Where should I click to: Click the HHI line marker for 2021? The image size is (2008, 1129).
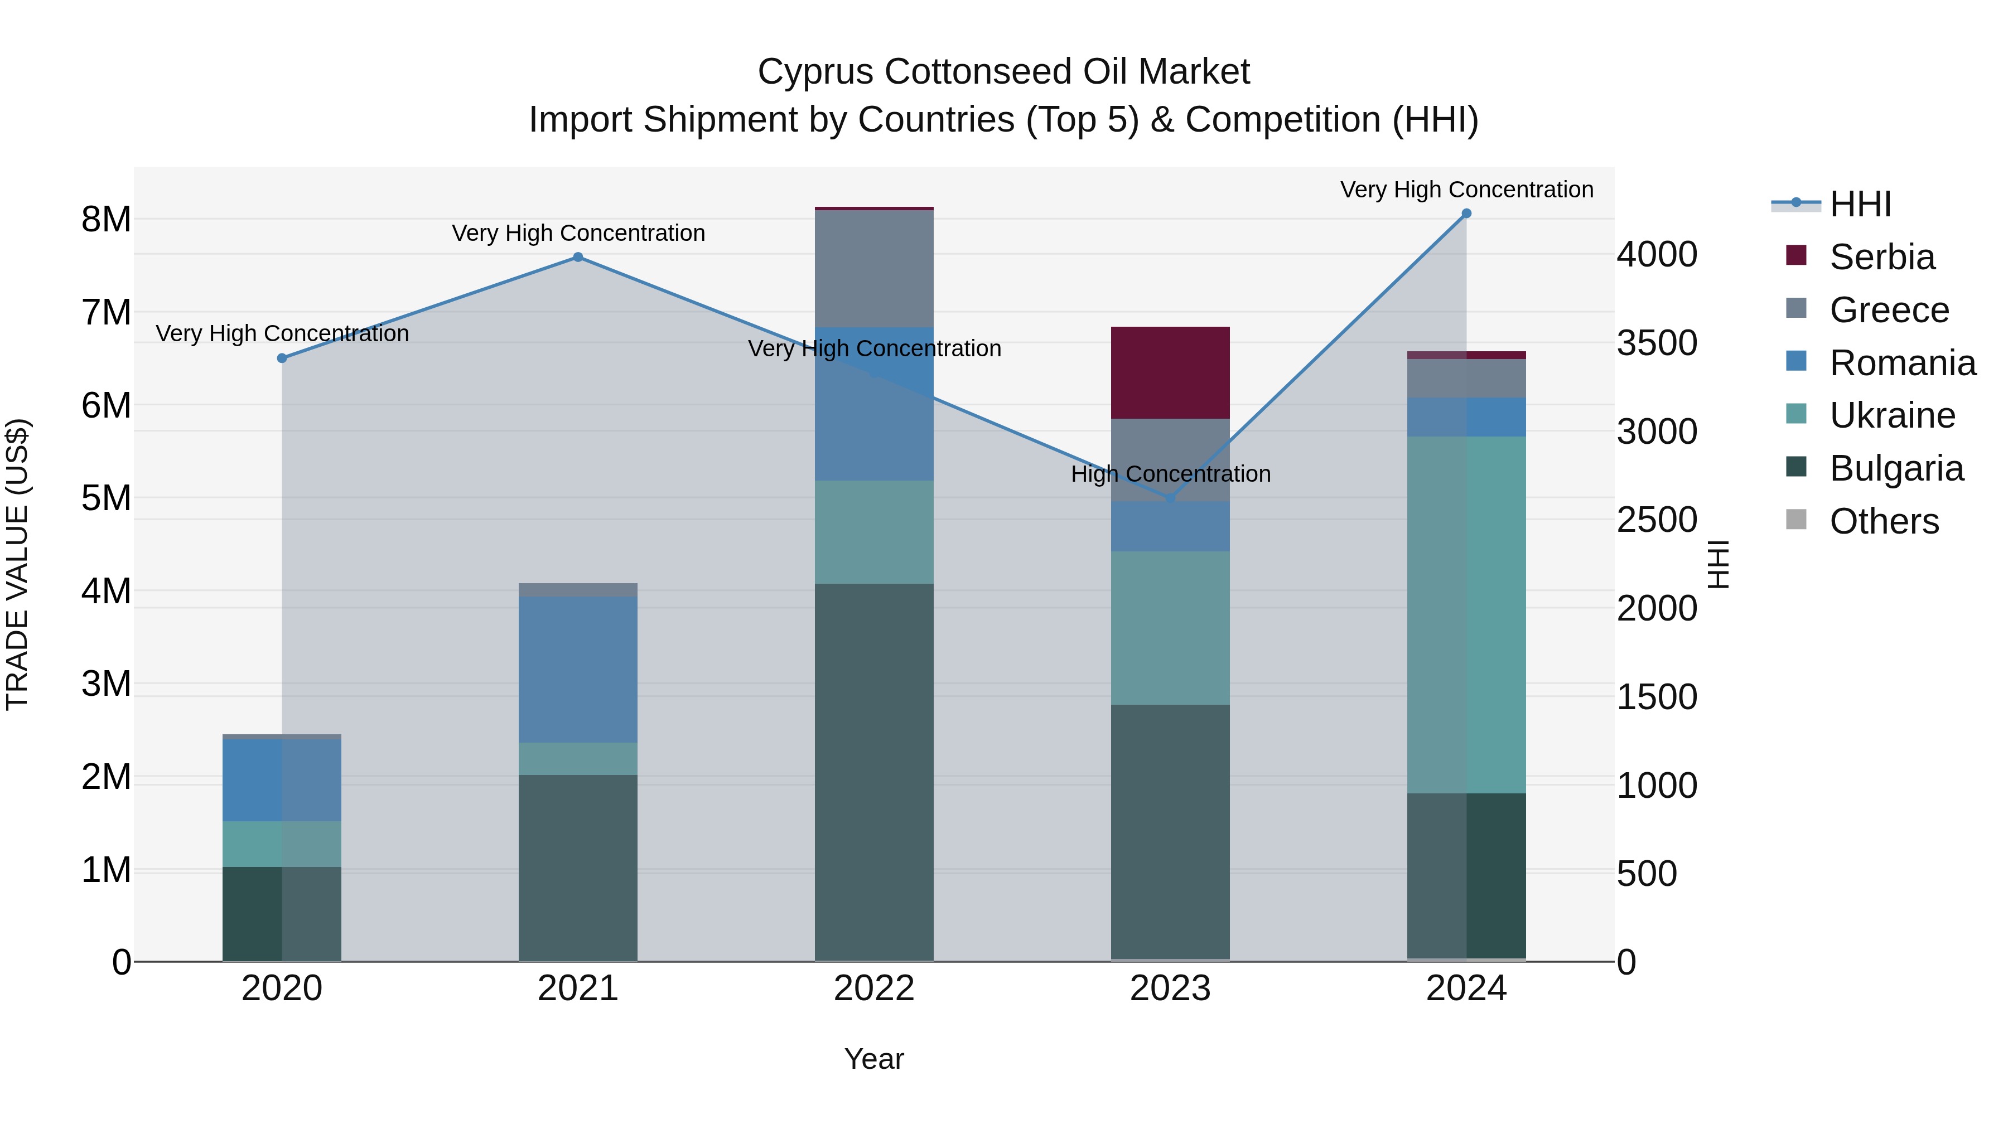[578, 257]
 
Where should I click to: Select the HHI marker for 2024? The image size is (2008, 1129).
[1466, 214]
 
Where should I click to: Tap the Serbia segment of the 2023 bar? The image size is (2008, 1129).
[1170, 372]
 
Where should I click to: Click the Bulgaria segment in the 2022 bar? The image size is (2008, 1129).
[874, 772]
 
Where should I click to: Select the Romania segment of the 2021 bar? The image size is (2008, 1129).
[578, 668]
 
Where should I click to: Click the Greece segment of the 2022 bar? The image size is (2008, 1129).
[874, 268]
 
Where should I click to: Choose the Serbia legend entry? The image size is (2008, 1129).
[1882, 257]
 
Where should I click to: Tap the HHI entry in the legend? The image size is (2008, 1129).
[1860, 204]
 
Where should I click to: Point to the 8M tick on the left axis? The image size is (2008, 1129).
[106, 220]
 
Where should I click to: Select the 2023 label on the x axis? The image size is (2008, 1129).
[1170, 989]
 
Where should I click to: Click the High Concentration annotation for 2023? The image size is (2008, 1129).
[1170, 474]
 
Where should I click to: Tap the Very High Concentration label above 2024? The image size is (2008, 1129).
[1466, 190]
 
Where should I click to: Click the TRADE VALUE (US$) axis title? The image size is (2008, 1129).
[17, 564]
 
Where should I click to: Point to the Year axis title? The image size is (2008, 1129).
[874, 1059]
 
